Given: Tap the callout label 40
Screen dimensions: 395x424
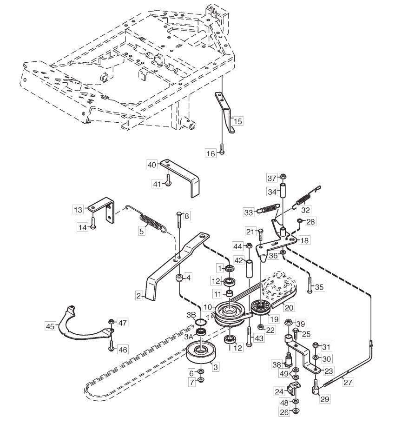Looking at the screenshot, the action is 152,165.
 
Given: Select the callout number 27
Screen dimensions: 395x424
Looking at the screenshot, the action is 348,382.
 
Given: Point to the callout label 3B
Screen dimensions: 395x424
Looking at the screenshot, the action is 191,315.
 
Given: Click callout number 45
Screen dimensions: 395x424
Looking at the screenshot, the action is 50,326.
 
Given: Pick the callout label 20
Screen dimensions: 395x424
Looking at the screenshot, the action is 289,307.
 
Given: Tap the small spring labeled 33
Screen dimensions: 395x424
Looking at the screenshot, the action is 268,208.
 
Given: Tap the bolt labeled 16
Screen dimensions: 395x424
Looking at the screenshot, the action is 222,149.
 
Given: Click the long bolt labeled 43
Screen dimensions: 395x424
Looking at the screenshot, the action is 249,336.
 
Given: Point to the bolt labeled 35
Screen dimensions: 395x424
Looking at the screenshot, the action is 310,285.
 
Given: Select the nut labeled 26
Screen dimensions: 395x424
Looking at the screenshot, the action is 296,411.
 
